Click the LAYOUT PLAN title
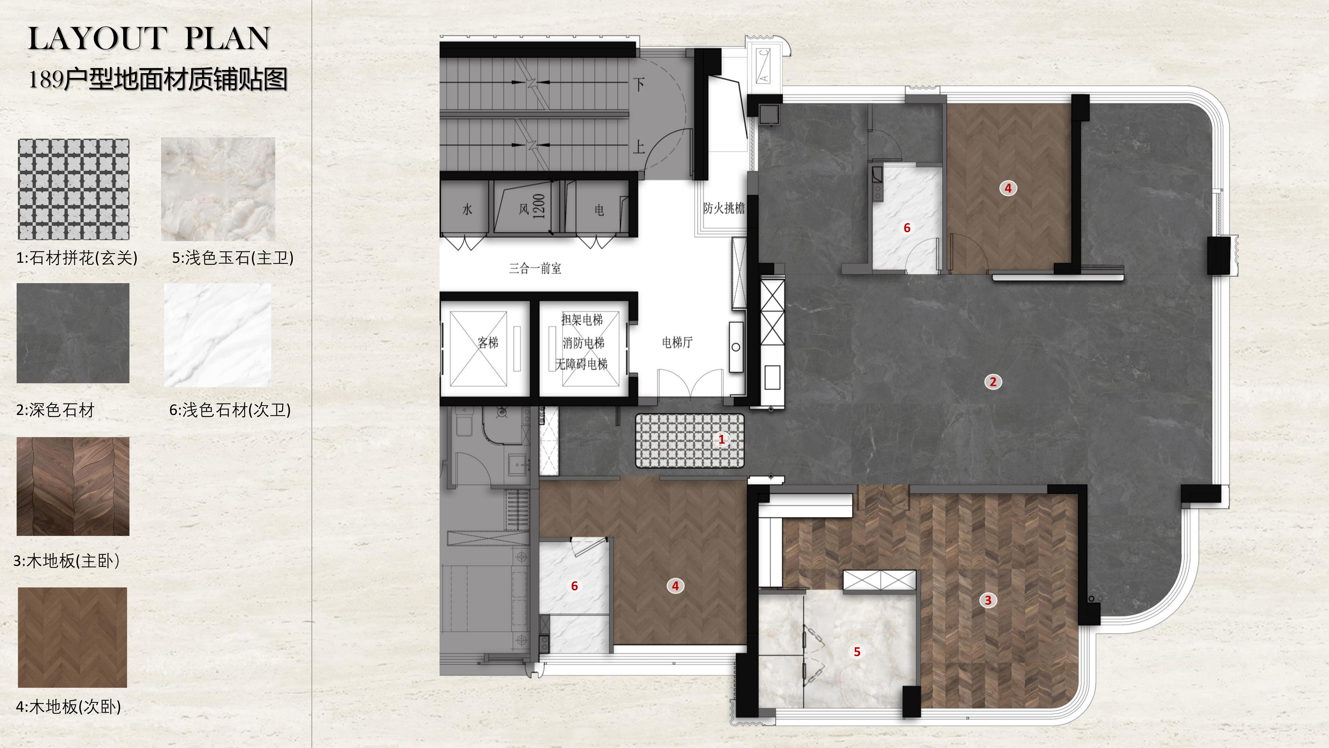click(x=149, y=38)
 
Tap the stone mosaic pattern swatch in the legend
click(x=73, y=189)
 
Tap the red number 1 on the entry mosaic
click(x=722, y=440)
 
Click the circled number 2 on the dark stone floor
click(x=993, y=382)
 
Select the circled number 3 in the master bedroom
click(x=988, y=600)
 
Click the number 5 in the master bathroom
click(x=857, y=652)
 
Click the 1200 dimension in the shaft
click(x=538, y=206)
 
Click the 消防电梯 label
click(x=583, y=343)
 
